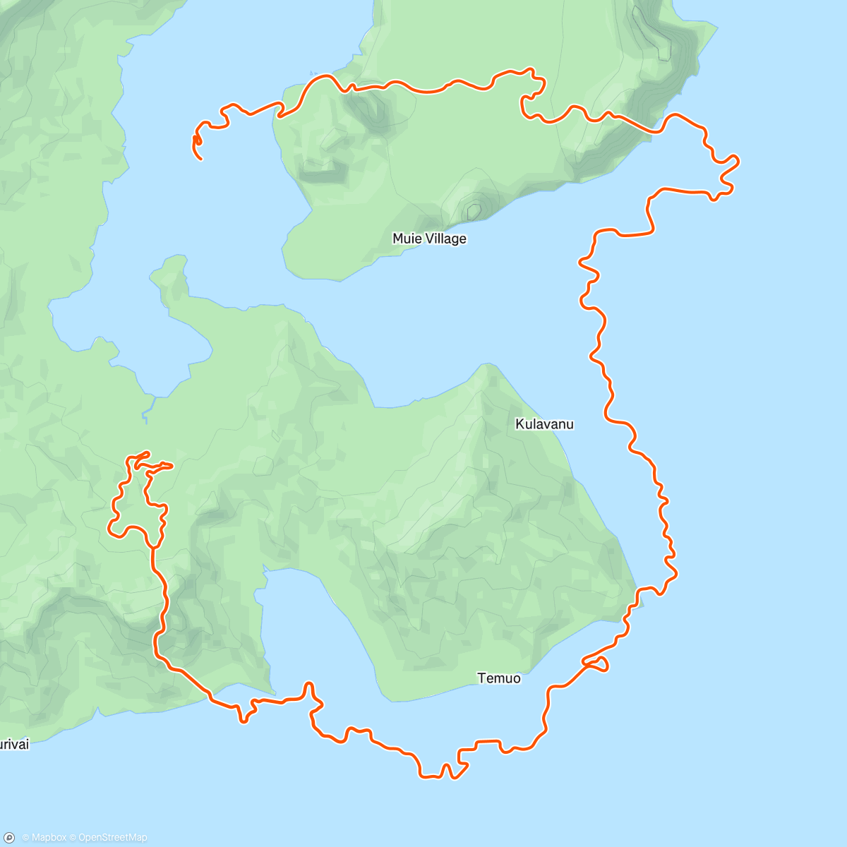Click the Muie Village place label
(x=429, y=239)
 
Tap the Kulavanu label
(x=544, y=424)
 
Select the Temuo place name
(x=499, y=678)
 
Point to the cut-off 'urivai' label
(x=14, y=744)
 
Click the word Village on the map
(x=445, y=239)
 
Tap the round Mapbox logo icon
(x=9, y=838)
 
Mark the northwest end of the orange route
(x=201, y=159)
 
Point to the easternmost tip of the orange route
(x=738, y=162)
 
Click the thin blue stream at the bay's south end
(x=145, y=413)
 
